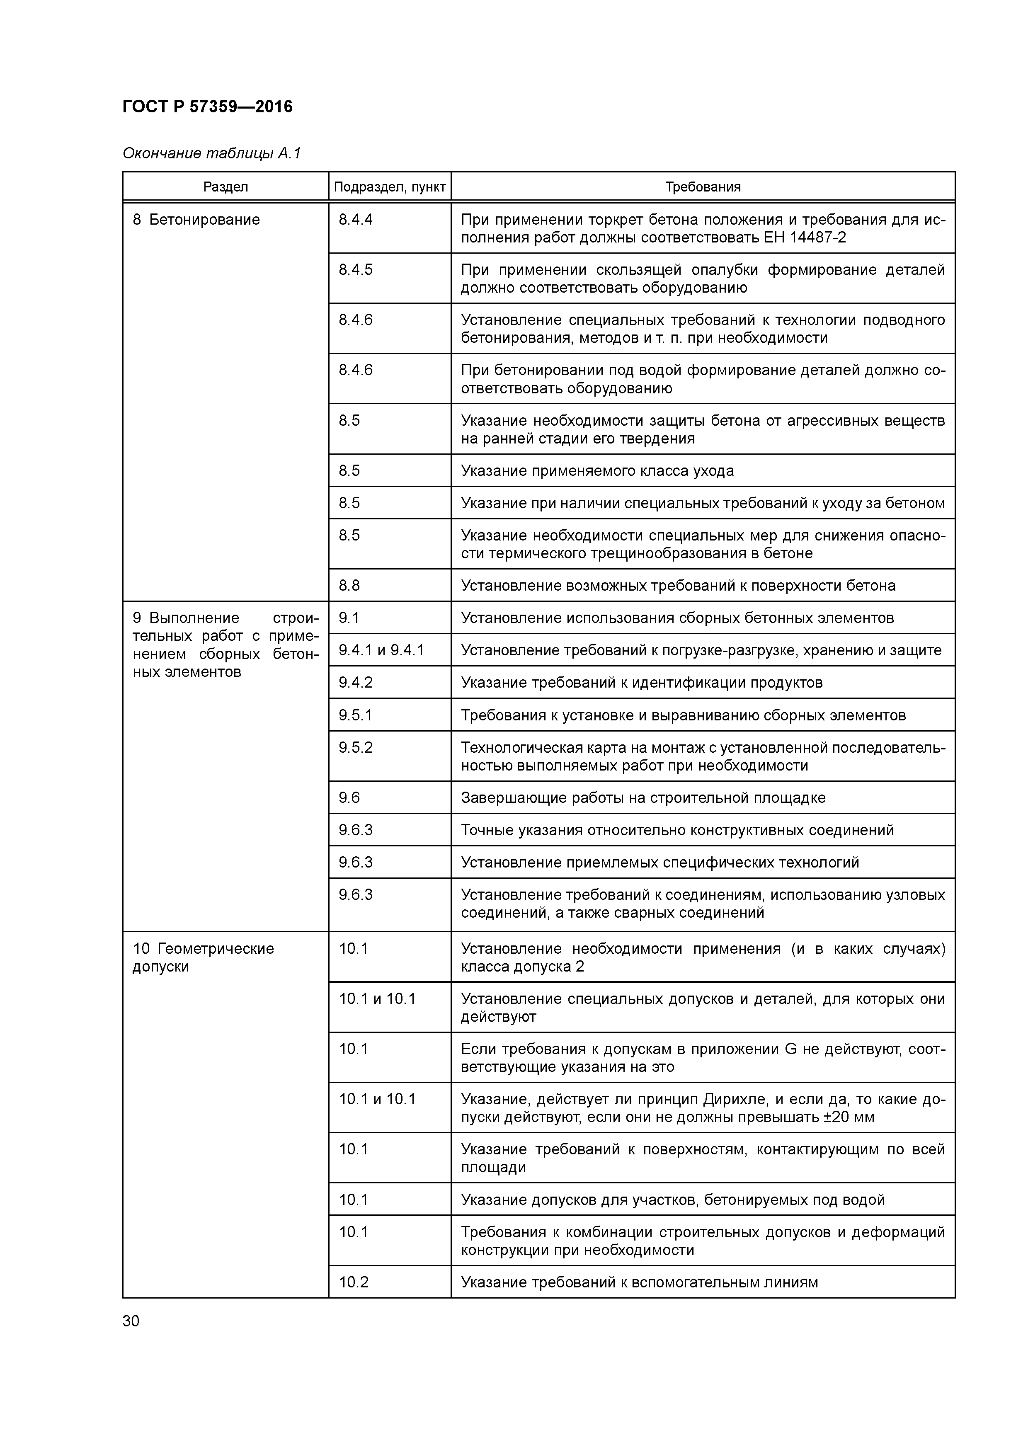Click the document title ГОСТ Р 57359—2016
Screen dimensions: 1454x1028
tap(207, 107)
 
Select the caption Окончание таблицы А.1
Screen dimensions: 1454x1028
tap(211, 153)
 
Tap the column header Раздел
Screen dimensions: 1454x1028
tap(225, 187)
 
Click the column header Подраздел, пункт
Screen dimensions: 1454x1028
tap(390, 187)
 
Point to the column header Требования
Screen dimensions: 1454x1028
tap(703, 187)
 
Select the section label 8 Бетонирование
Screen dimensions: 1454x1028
tap(196, 220)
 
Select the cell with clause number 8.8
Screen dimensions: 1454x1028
tap(349, 585)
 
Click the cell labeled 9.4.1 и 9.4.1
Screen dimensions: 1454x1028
tap(381, 650)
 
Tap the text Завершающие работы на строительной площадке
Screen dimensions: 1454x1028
tap(643, 797)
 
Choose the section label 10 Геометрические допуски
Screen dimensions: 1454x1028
tap(203, 957)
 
